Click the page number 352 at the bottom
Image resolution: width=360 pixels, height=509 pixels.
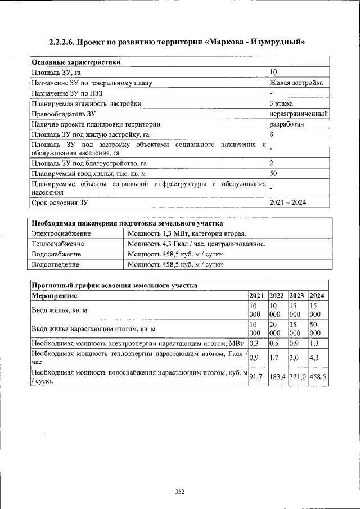coord(179,492)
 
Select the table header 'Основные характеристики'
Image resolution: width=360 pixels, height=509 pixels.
coord(76,62)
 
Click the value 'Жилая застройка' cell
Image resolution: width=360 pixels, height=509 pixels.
coord(296,83)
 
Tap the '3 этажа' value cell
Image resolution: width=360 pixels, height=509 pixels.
coord(281,103)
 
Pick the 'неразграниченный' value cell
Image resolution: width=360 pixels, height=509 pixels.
coord(299,114)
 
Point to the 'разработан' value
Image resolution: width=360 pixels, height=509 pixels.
coord(287,124)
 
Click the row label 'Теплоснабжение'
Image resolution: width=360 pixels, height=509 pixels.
coord(58,244)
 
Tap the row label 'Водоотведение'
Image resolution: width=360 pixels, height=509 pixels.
coord(56,264)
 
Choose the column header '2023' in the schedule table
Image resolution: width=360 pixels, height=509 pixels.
coord(296,295)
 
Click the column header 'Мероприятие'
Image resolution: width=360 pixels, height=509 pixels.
coord(55,295)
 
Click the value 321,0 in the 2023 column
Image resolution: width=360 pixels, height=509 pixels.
coord(298,377)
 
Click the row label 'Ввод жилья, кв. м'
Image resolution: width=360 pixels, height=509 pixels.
coord(61,310)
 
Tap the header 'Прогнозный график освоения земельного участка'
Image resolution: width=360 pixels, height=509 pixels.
coord(114,285)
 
